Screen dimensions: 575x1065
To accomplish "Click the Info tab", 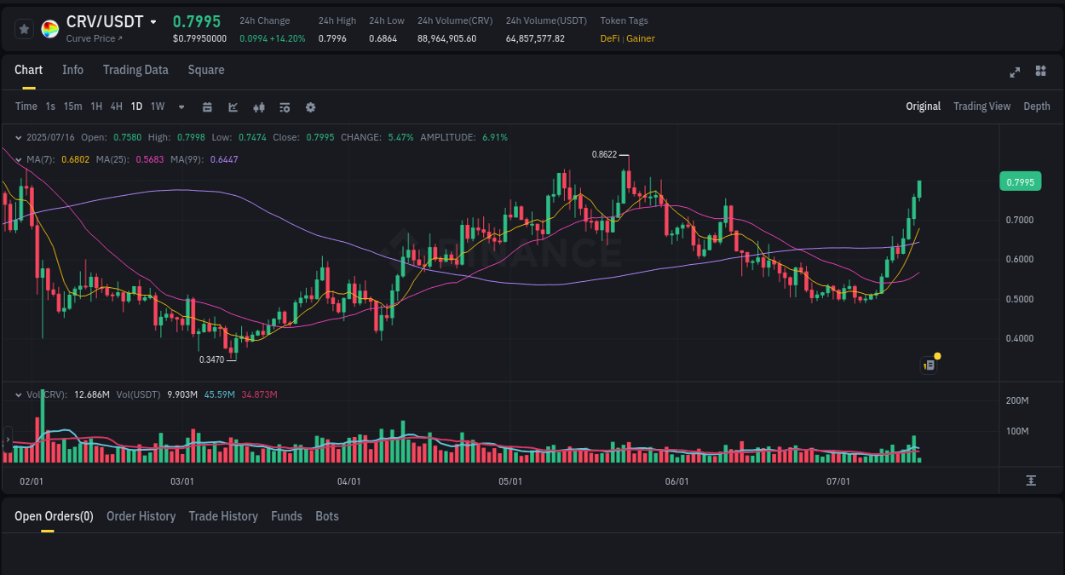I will click(72, 70).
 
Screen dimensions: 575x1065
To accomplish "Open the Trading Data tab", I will click(135, 70).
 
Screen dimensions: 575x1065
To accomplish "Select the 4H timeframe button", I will click(117, 106).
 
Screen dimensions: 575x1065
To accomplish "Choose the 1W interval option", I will click(158, 106).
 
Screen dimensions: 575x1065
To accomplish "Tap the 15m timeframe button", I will click(72, 106).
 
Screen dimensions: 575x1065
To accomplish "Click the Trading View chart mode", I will click(982, 106).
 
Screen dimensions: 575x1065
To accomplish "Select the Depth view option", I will click(1036, 106).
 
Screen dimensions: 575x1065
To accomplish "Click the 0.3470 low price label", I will click(211, 359).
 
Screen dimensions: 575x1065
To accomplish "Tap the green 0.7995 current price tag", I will click(1020, 181).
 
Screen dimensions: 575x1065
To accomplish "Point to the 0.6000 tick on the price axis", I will click(1019, 260).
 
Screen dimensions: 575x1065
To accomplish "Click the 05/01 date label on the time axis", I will click(509, 481).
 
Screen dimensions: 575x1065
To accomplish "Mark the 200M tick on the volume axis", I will click(1017, 400).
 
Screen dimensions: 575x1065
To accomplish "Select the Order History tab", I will click(141, 516).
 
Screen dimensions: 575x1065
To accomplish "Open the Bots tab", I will click(326, 516).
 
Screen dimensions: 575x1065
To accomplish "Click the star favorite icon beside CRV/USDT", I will click(24, 29).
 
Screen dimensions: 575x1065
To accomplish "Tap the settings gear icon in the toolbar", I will click(310, 107).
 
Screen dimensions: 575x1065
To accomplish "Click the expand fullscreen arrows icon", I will click(1015, 72).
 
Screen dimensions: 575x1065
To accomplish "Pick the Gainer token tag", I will click(641, 38).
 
